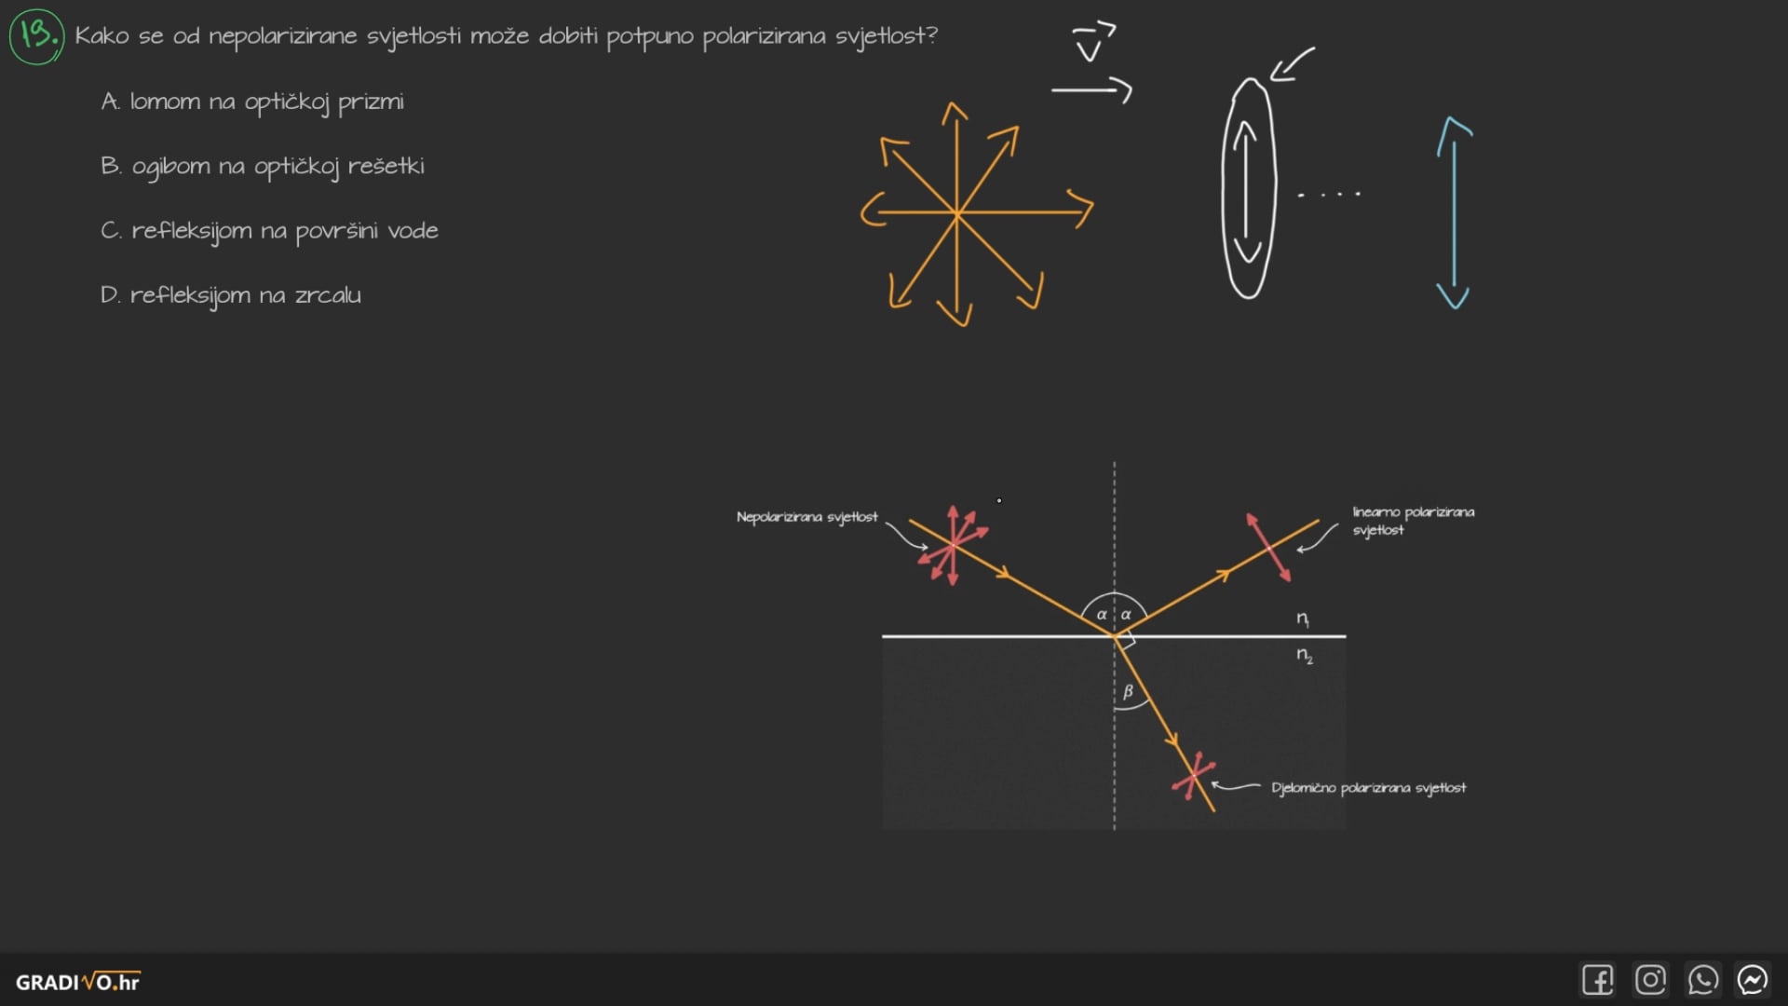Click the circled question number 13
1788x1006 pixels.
click(x=36, y=36)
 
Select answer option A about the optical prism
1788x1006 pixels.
click(x=252, y=102)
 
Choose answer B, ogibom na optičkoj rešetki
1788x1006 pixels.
click(x=263, y=167)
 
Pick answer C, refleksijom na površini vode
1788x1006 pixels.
click(x=269, y=231)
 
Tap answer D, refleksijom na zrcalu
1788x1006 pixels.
click(x=231, y=295)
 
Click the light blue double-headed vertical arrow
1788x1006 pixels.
click(x=1453, y=212)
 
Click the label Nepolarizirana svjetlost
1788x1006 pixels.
click(x=806, y=517)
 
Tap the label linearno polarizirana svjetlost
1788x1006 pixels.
click(x=1413, y=521)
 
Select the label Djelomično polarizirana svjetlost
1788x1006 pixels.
click(x=1368, y=788)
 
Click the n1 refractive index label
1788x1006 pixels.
click(x=1303, y=619)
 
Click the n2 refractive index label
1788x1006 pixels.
click(x=1305, y=656)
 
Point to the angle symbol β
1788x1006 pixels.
click(x=1128, y=691)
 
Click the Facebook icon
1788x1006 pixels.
click(x=1598, y=980)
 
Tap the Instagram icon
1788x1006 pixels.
click(x=1650, y=980)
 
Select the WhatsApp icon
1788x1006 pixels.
click(x=1702, y=980)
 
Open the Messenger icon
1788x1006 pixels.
click(x=1753, y=980)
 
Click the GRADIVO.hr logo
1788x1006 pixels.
click(x=78, y=982)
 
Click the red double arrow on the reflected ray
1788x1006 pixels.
click(x=1268, y=548)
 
